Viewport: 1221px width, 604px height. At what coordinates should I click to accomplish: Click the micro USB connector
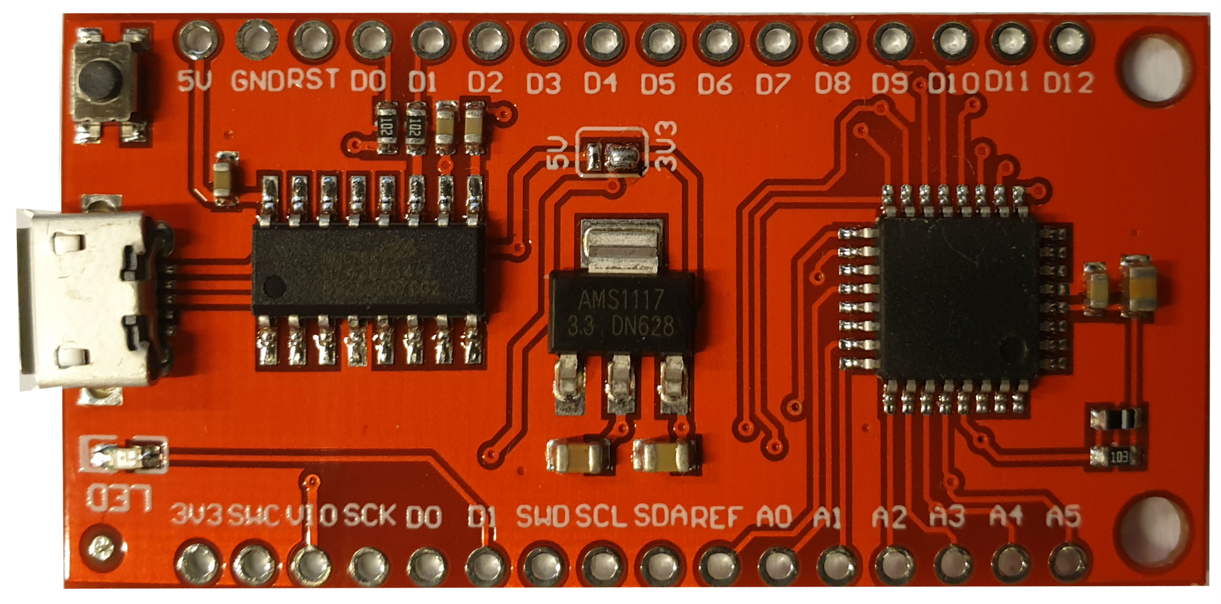point(90,299)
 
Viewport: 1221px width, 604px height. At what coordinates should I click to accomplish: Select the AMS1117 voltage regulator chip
point(621,311)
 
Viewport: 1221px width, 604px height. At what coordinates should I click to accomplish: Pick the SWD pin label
point(543,516)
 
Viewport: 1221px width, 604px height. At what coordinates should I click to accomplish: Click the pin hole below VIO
point(311,563)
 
